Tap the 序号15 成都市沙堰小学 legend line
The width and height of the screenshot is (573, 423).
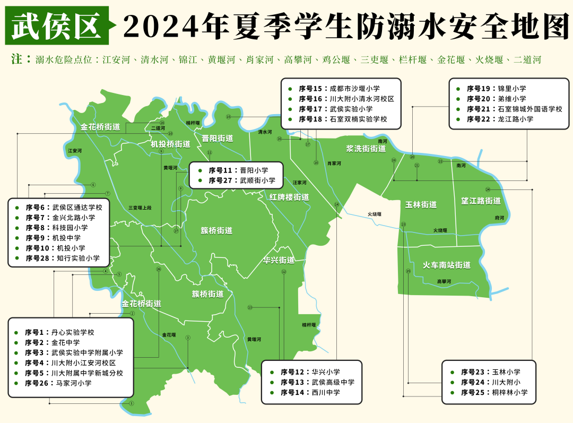(x=340, y=89)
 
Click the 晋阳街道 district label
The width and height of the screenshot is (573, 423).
(x=218, y=139)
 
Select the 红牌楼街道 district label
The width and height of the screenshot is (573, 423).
(x=289, y=197)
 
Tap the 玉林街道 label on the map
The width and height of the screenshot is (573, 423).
(x=421, y=204)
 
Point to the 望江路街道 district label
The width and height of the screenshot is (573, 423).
(x=481, y=201)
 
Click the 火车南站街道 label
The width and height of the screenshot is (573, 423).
(x=446, y=265)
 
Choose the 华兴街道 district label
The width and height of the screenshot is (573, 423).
(x=279, y=260)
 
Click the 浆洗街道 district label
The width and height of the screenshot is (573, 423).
(x=366, y=149)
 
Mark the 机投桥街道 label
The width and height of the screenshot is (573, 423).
(x=170, y=144)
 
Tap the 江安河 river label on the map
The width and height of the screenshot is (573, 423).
(x=75, y=151)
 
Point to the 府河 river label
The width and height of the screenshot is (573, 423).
(x=499, y=218)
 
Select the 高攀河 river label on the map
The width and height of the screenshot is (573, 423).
(x=444, y=281)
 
